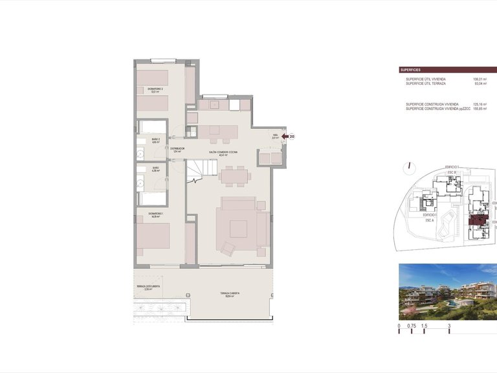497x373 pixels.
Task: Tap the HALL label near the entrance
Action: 275,137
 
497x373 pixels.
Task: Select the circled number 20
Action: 292,137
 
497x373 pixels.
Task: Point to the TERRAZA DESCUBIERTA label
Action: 149,288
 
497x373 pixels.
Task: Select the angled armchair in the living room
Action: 227,248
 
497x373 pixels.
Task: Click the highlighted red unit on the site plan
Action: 477,222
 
